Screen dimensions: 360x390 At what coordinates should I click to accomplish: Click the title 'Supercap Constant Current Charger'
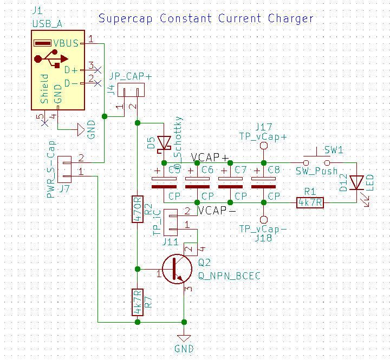pyautogui.click(x=206, y=18)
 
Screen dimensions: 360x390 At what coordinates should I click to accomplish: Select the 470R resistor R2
pyautogui.click(x=138, y=208)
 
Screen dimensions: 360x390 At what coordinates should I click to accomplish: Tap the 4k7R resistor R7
pyautogui.click(x=138, y=302)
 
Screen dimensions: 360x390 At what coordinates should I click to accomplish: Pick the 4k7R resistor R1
pyautogui.click(x=310, y=202)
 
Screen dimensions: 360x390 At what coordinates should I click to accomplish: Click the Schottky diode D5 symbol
pyautogui.click(x=164, y=142)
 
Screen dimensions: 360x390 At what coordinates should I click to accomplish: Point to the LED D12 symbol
pyautogui.click(x=356, y=183)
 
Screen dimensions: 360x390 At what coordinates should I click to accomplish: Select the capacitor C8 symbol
pyautogui.click(x=263, y=182)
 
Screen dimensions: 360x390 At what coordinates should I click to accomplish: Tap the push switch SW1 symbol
pyautogui.click(x=316, y=161)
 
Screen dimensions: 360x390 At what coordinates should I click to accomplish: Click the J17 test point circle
pyautogui.click(x=263, y=146)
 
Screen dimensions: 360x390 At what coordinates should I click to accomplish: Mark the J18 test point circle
pyautogui.click(x=263, y=219)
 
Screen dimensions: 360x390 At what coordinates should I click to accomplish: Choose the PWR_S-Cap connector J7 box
pyautogui.click(x=64, y=167)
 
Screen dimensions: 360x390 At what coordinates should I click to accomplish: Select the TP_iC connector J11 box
pyautogui.click(x=171, y=219)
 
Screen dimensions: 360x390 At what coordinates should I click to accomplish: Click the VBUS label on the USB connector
pyautogui.click(x=66, y=43)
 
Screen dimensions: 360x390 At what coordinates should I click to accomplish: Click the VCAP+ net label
pyautogui.click(x=210, y=158)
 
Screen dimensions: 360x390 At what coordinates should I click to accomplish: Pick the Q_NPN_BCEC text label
pyautogui.click(x=229, y=276)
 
